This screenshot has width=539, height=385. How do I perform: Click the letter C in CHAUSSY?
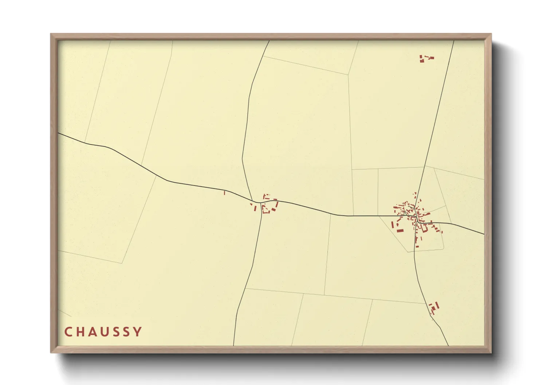tap(68, 332)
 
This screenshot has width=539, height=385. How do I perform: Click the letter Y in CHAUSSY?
tap(138, 332)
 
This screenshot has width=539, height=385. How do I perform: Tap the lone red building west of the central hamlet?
tap(224, 193)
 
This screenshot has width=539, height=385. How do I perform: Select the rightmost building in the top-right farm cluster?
tap(432, 58)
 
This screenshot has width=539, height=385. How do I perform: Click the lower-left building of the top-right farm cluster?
tap(422, 61)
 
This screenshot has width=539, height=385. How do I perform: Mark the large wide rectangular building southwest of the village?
tap(400, 230)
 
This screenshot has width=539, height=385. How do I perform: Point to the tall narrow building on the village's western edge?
tap(392, 225)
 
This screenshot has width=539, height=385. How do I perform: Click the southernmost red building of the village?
tap(417, 246)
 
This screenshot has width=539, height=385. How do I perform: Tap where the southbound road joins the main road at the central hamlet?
tap(261, 203)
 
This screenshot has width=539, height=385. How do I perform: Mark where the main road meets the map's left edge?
tap(59, 133)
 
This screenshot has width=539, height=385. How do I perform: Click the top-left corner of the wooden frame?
tap(51, 34)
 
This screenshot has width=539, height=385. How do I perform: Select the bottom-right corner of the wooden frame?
tap(491, 353)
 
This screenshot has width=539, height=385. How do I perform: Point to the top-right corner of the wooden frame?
tap(491, 34)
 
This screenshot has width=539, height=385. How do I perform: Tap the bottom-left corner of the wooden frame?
tap(51, 353)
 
